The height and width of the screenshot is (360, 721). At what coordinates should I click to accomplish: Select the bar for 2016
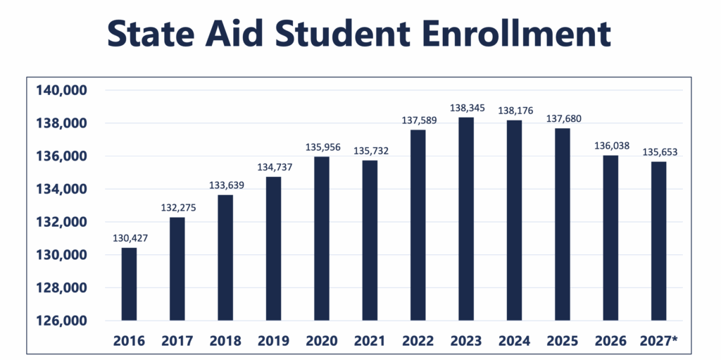[129, 284]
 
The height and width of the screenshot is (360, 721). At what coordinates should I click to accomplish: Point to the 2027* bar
[658, 241]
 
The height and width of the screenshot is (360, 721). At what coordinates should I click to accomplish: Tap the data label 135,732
[370, 151]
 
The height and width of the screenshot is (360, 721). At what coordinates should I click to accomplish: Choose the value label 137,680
[562, 119]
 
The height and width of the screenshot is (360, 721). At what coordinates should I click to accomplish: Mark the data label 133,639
[225, 186]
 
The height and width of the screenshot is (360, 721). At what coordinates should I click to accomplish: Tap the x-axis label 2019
[273, 341]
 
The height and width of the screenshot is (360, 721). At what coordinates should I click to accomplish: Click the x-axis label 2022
[418, 341]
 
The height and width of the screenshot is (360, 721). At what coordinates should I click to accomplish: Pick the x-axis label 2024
[514, 341]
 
